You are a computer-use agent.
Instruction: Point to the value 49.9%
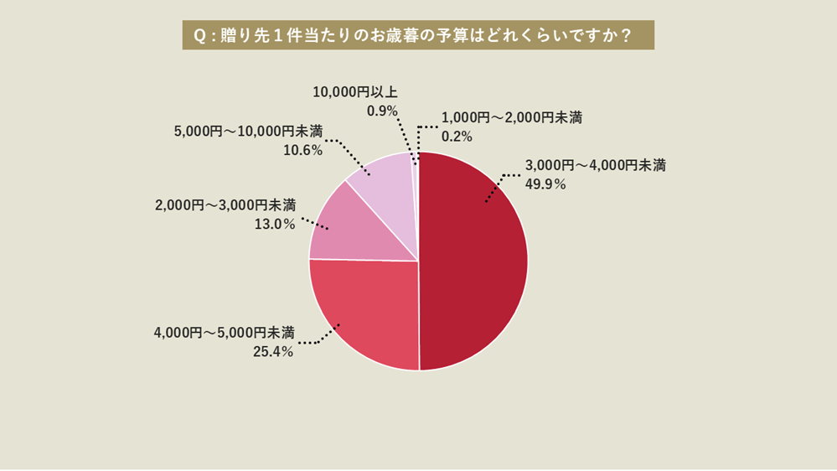[545, 184]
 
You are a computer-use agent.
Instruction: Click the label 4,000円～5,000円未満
[225, 333]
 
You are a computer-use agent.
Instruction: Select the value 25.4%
[273, 352]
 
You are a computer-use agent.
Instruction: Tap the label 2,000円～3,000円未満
[225, 204]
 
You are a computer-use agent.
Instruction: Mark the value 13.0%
[274, 224]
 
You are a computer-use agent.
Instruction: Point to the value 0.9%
[382, 111]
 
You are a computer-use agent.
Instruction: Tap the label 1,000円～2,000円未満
[511, 117]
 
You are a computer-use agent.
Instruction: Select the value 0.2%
[457, 137]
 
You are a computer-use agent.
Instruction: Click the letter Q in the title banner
[199, 36]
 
